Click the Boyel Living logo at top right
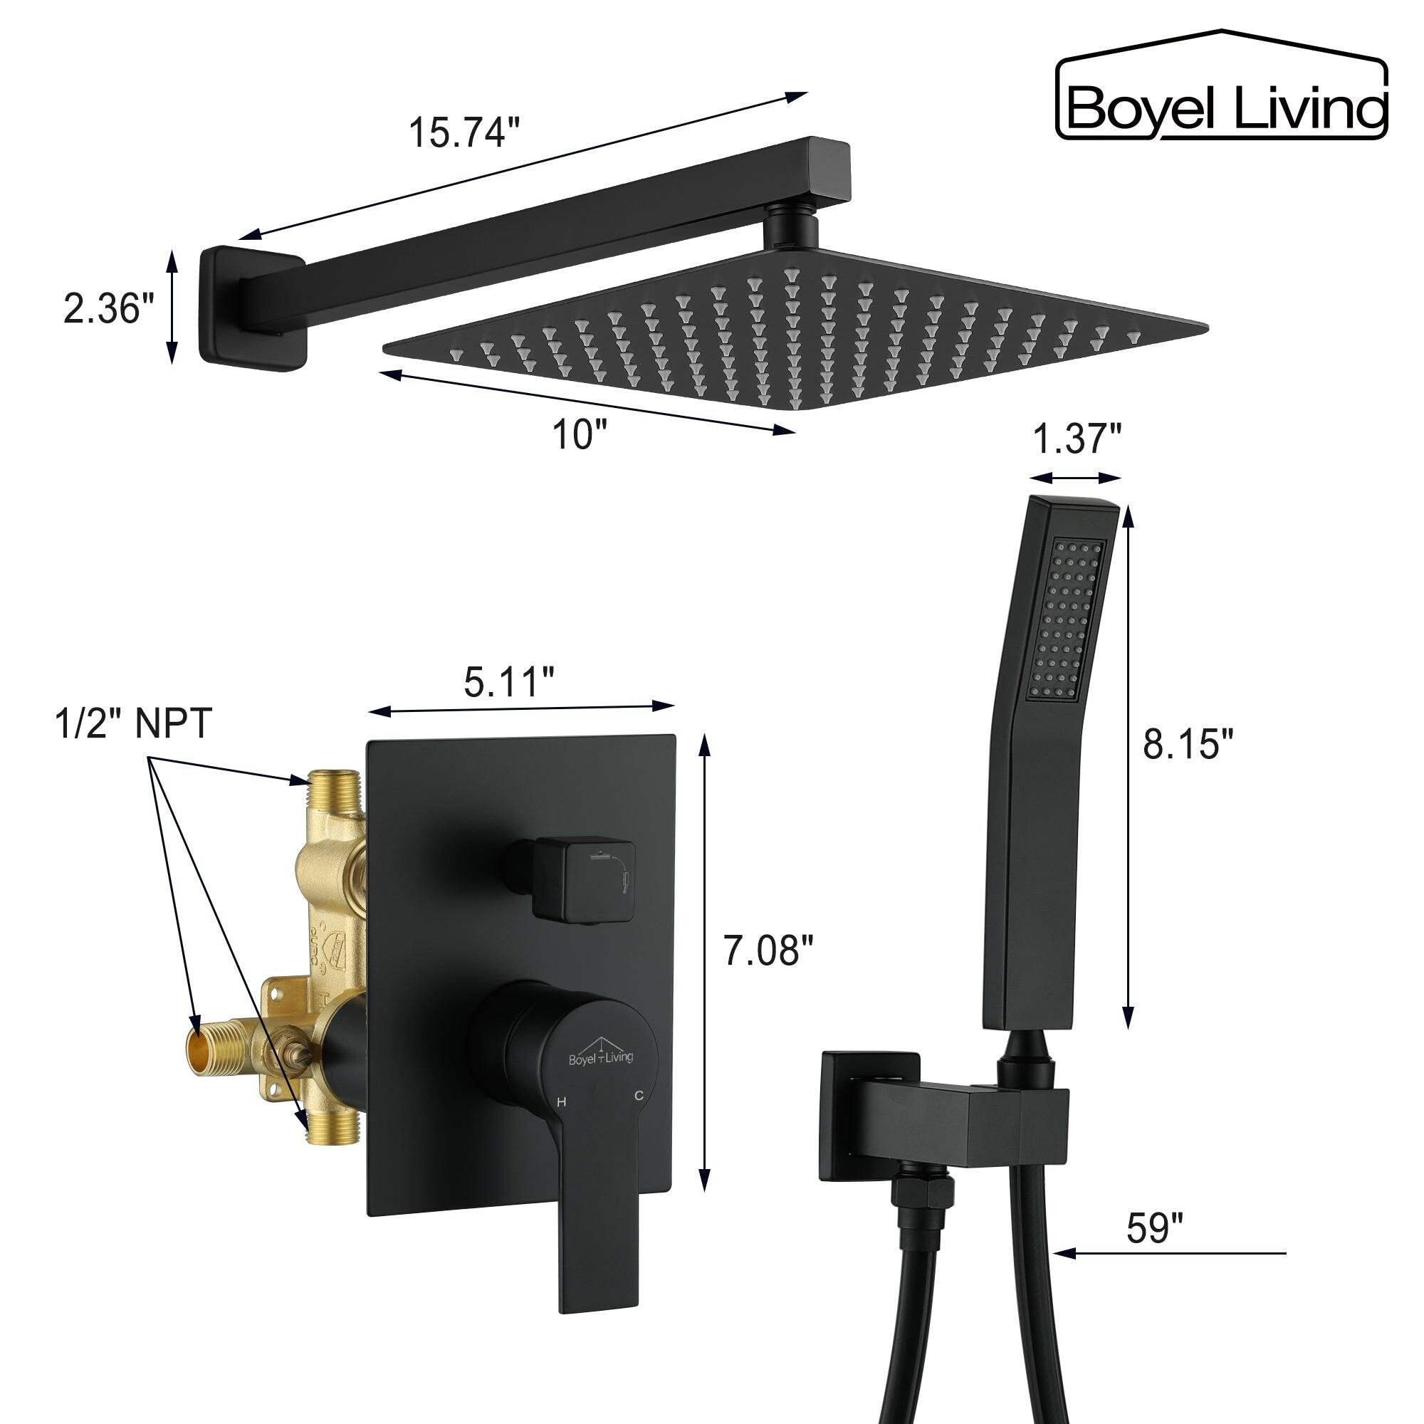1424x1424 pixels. (1222, 87)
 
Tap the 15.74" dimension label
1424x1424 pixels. (464, 132)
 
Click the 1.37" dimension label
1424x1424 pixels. (1076, 441)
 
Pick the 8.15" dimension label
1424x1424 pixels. (1187, 745)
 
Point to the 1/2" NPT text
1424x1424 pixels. (134, 724)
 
